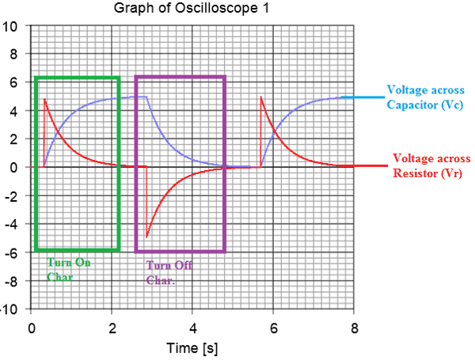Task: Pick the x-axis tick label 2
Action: click(112, 328)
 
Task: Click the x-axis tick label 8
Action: click(354, 328)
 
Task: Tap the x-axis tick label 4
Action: click(192, 328)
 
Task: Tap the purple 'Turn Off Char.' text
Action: click(169, 272)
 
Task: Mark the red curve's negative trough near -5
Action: click(146, 237)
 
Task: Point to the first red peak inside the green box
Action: click(45, 99)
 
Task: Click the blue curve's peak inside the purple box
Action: click(146, 97)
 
